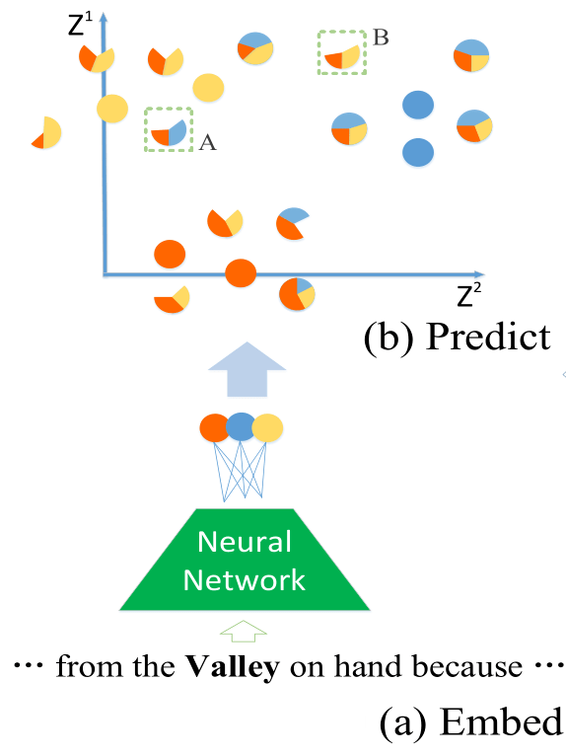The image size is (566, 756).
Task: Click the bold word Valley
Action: pyautogui.click(x=233, y=668)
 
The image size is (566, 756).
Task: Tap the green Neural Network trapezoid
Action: pyautogui.click(x=245, y=560)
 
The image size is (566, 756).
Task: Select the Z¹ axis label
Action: pyautogui.click(x=80, y=25)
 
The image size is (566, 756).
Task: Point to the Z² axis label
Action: pyautogui.click(x=468, y=294)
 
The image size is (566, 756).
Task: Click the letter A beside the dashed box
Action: pyautogui.click(x=208, y=143)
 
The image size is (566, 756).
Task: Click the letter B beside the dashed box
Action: pyautogui.click(x=381, y=38)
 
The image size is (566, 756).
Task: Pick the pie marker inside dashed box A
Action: pyautogui.click(x=169, y=132)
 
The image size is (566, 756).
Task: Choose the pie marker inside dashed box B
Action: pyautogui.click(x=342, y=57)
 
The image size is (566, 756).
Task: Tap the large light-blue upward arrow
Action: pyautogui.click(x=248, y=369)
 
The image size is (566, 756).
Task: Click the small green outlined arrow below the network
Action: pyautogui.click(x=244, y=631)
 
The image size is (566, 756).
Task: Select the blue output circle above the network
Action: pyautogui.click(x=241, y=426)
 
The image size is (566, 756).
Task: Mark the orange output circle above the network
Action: pyautogui.click(x=214, y=428)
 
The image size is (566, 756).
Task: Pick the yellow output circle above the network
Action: pyautogui.click(x=267, y=428)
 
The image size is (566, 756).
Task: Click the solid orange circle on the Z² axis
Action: pyautogui.click(x=241, y=273)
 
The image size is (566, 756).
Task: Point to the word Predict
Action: pyautogui.click(x=488, y=337)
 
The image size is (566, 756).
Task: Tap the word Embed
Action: pyautogui.click(x=501, y=721)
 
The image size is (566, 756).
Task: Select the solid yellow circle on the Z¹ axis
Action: pyautogui.click(x=112, y=108)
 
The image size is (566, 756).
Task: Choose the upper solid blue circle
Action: pyautogui.click(x=418, y=105)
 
